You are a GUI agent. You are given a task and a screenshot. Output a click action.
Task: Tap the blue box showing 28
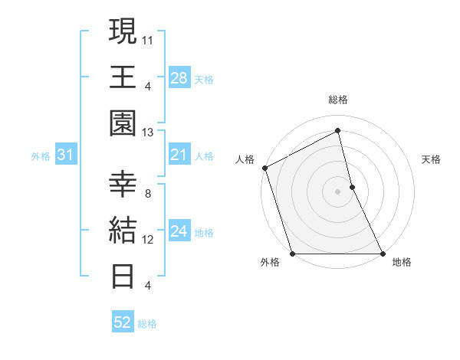pos(179,77)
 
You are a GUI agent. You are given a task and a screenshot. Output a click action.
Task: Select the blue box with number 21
pos(179,155)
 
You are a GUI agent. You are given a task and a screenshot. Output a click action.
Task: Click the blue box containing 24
pos(179,231)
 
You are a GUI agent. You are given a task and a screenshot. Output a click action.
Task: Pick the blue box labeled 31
pos(65,155)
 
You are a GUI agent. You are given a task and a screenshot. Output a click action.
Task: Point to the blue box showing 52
pos(122,322)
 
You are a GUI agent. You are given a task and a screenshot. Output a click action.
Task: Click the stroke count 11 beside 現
pos(148,40)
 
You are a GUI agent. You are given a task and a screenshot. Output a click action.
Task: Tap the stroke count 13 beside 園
pos(148,133)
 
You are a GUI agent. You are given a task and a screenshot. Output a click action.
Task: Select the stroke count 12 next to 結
pos(148,240)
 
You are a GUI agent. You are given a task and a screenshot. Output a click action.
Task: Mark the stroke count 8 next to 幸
pos(148,194)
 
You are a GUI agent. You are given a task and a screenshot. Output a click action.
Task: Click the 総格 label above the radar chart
pos(337,100)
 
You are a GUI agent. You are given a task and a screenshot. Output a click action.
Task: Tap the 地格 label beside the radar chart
pos(402,263)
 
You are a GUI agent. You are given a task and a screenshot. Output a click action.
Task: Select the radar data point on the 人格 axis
pos(264,168)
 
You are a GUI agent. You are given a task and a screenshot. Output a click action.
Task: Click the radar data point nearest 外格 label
pos(292,253)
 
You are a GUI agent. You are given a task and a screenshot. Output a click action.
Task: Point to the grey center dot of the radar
pos(337,191)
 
